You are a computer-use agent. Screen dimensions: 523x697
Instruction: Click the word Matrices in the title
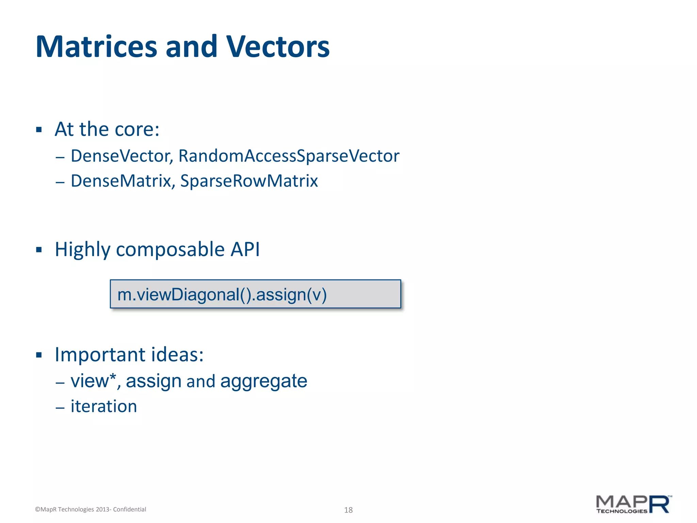pyautogui.click(x=96, y=47)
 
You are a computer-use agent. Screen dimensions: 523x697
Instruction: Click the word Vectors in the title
pyautogui.click(x=278, y=47)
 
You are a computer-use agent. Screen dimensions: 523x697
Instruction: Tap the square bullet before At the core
pyautogui.click(x=39, y=130)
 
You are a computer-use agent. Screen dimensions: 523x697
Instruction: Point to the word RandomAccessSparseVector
pyautogui.click(x=289, y=156)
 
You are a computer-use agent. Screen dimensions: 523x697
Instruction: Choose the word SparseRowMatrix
pyautogui.click(x=249, y=181)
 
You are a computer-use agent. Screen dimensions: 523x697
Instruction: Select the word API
pyautogui.click(x=245, y=249)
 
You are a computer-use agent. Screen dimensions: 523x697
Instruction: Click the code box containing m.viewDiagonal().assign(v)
pyautogui.click(x=255, y=294)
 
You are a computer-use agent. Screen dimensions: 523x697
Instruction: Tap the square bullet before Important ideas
pyautogui.click(x=39, y=355)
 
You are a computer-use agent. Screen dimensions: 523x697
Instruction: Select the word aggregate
pyautogui.click(x=263, y=381)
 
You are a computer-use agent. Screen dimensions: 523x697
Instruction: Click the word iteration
pyautogui.click(x=104, y=406)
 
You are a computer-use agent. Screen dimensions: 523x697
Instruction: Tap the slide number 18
pyautogui.click(x=348, y=510)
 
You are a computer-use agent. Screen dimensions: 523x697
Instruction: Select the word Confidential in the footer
pyautogui.click(x=129, y=509)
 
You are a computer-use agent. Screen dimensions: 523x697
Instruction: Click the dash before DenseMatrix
pyautogui.click(x=60, y=182)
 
